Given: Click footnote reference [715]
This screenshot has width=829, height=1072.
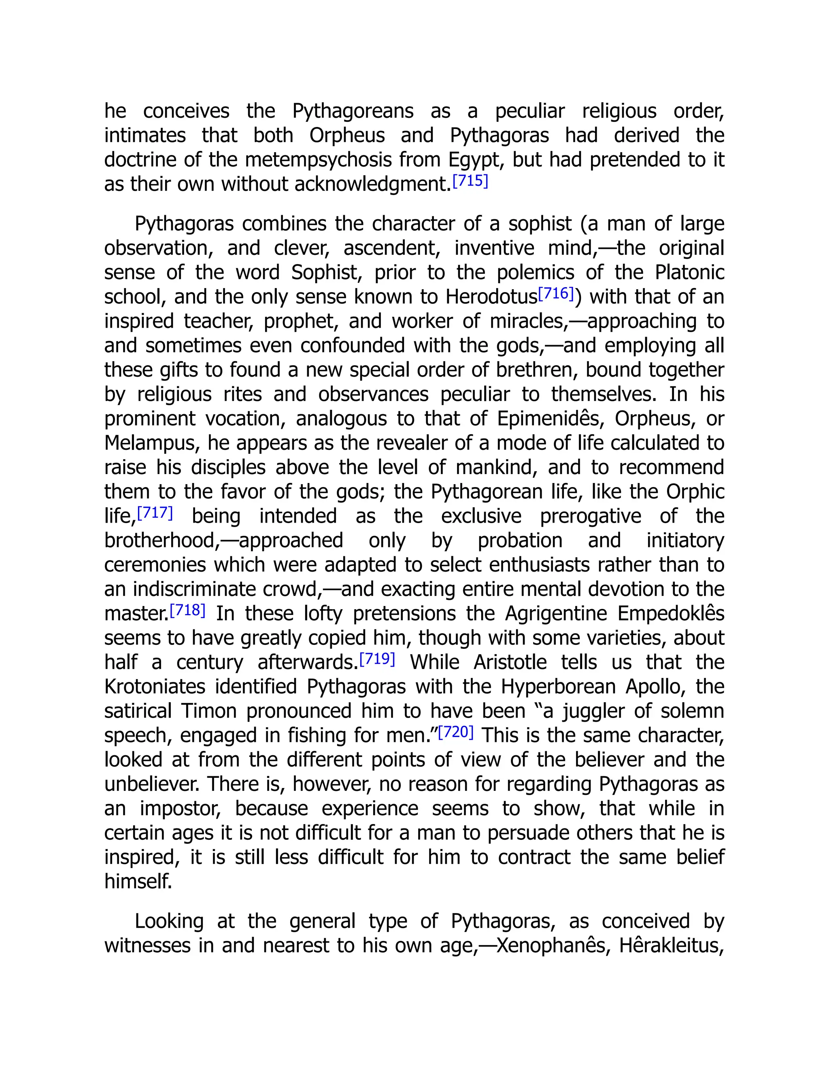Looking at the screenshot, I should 470,182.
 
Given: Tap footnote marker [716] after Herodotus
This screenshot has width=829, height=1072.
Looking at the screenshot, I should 556,294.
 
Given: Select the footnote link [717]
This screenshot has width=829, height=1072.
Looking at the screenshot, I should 155,513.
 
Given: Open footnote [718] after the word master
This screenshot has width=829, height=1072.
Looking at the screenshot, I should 187,610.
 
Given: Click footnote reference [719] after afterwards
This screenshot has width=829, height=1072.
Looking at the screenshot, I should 377,659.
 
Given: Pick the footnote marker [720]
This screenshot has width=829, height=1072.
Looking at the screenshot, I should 456,732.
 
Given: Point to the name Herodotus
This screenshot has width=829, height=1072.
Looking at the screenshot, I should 491,297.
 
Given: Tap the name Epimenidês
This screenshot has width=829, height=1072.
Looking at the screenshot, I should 550,419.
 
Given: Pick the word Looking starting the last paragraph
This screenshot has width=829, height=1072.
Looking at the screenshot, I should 168,921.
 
